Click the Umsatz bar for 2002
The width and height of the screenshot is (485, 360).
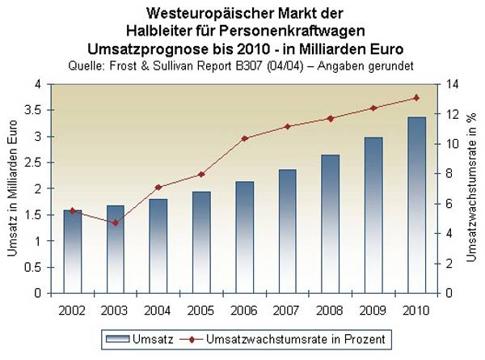coord(73,252)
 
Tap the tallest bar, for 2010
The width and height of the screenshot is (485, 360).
coord(415,205)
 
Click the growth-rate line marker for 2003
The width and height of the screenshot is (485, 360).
coord(116,222)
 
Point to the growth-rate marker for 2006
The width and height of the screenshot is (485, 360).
coord(244,138)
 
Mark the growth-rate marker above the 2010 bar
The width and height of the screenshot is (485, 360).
coord(415,98)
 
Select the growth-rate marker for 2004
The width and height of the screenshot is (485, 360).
coord(158,188)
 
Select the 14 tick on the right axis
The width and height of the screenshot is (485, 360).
coord(451,84)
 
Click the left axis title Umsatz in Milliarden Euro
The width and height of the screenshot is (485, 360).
coord(14,188)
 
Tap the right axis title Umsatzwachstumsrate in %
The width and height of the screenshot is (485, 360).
coord(472,188)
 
